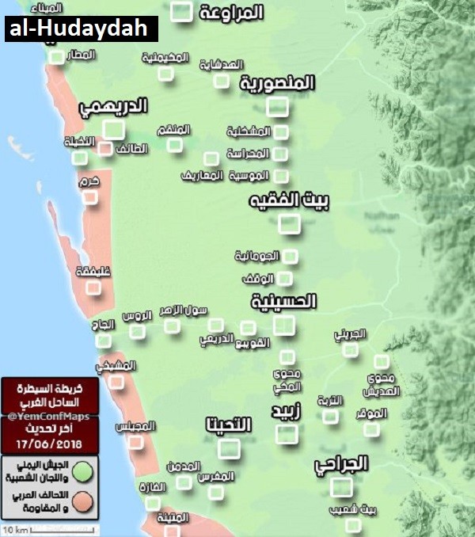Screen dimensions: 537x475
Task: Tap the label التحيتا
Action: pyautogui.click(x=228, y=425)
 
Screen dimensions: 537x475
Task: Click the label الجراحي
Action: pyautogui.click(x=341, y=464)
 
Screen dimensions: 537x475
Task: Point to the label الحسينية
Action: pyautogui.click(x=284, y=301)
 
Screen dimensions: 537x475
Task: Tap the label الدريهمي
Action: pyautogui.click(x=115, y=109)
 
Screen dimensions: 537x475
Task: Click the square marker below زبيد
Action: pyautogui.click(x=287, y=433)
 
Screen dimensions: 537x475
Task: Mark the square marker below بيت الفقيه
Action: pyautogui.click(x=290, y=223)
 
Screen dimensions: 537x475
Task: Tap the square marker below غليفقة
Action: pyautogui.click(x=93, y=288)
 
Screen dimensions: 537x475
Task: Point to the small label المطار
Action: pyautogui.click(x=82, y=55)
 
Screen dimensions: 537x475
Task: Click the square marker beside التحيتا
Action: pyautogui.click(x=230, y=448)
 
